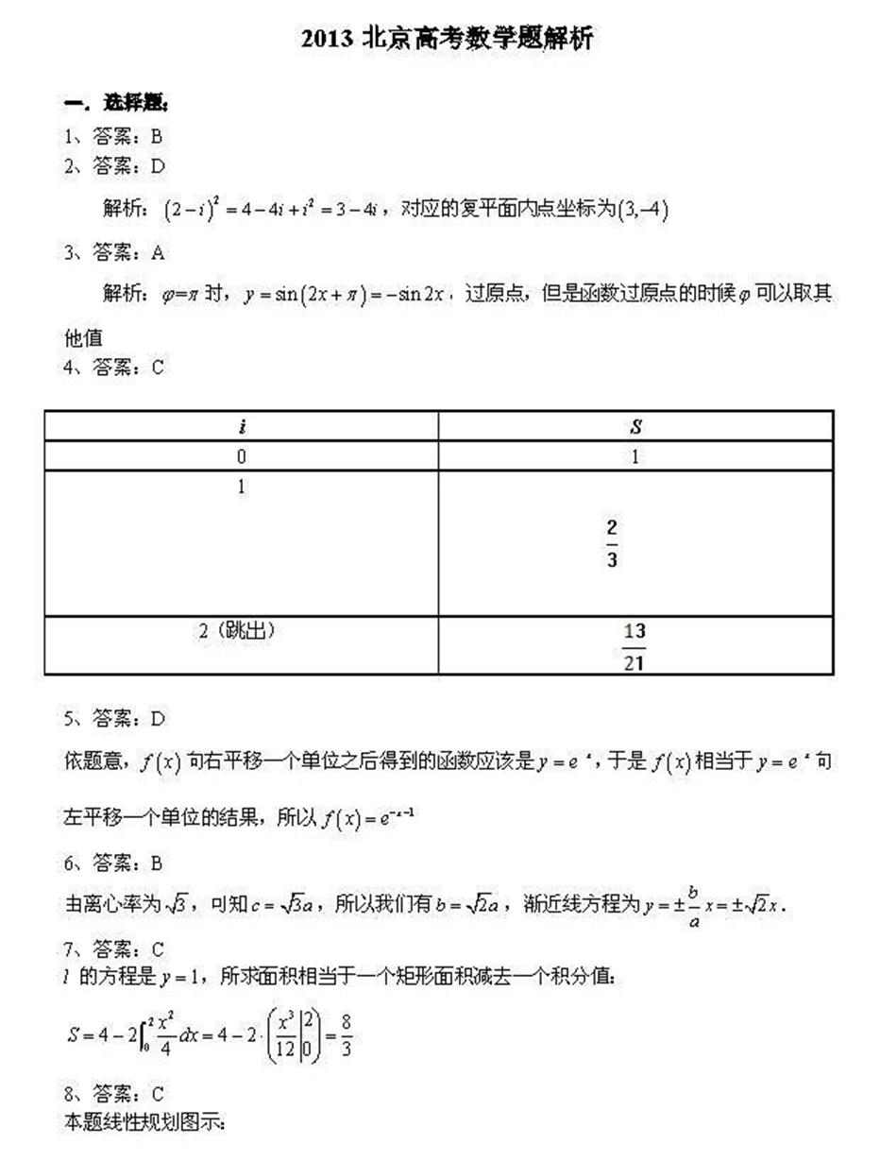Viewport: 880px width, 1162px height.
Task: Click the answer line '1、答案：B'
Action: point(113,136)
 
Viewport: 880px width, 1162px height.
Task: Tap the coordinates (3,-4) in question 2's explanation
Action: point(641,210)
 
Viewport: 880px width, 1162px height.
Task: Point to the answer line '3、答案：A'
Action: point(114,252)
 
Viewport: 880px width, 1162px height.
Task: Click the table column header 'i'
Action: point(242,426)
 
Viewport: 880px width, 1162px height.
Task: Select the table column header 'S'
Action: point(635,426)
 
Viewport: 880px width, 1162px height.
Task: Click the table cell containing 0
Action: point(242,457)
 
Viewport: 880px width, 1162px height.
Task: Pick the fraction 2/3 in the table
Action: point(613,543)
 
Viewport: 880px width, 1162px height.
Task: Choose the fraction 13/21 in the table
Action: point(634,647)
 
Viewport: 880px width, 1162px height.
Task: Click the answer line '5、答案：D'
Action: point(114,719)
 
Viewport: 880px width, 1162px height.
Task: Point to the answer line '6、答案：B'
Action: point(113,863)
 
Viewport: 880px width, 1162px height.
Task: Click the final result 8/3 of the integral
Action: point(346,1036)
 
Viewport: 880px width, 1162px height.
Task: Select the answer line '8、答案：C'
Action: point(114,1094)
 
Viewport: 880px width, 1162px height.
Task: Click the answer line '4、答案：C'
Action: point(113,367)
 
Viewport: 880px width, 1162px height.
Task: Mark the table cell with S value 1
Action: point(635,457)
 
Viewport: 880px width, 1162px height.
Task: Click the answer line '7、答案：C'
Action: point(114,948)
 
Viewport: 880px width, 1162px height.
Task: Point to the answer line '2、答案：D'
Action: point(114,166)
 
